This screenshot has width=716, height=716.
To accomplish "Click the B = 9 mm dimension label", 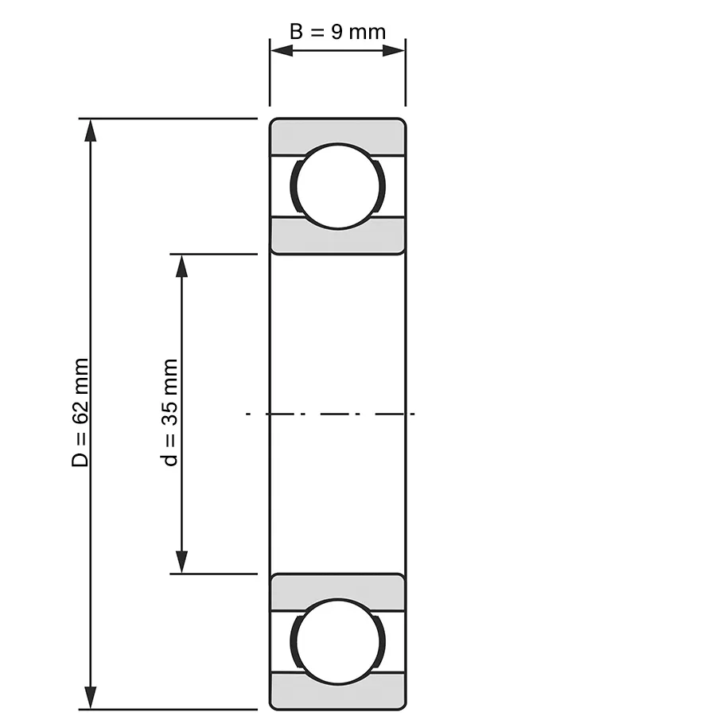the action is pyautogui.click(x=337, y=32).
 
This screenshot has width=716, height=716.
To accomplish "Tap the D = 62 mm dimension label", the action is pyautogui.click(x=80, y=412).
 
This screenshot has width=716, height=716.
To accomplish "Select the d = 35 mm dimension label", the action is pyautogui.click(x=170, y=412).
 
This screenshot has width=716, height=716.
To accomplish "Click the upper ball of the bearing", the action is pyautogui.click(x=338, y=186).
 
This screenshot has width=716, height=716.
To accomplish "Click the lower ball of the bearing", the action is pyautogui.click(x=338, y=641).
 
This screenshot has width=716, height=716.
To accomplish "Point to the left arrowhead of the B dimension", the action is pyautogui.click(x=282, y=51).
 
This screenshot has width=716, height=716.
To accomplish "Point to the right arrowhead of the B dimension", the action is pyautogui.click(x=394, y=51).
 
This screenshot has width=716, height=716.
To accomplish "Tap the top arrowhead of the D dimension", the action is pyautogui.click(x=91, y=130).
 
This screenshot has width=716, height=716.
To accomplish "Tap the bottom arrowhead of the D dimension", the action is pyautogui.click(x=91, y=697).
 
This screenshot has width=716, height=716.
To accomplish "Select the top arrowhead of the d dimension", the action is pyautogui.click(x=181, y=266).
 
